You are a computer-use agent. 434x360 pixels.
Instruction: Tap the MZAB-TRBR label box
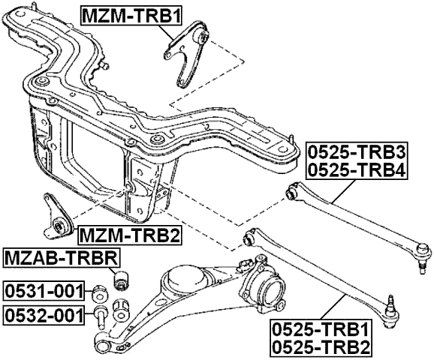point(61,259)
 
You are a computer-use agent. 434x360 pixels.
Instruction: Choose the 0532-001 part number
point(42,314)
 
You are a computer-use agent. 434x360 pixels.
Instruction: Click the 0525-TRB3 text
point(356,153)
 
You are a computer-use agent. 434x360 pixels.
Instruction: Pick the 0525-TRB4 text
point(356,171)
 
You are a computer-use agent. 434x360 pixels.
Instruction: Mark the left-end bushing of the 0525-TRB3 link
point(294,193)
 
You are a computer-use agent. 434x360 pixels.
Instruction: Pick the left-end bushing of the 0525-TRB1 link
point(248,240)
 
